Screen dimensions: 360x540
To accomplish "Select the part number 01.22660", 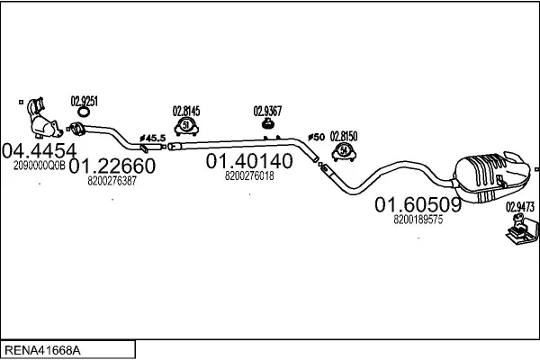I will (112, 166).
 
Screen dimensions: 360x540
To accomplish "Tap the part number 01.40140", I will (249, 161).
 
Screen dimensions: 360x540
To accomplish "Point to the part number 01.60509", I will (418, 204).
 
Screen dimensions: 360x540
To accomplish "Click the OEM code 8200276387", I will (112, 181).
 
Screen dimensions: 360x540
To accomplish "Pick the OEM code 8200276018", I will (249, 175).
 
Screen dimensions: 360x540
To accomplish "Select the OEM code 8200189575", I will (418, 219).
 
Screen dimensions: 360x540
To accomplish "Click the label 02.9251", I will (85, 101).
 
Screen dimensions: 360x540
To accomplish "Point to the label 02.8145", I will (186, 112).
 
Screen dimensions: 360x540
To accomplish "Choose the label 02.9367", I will (267, 112).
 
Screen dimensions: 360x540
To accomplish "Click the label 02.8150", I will (344, 136).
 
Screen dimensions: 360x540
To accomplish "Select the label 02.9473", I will (518, 206).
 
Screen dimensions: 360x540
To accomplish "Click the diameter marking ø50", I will (316, 137).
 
